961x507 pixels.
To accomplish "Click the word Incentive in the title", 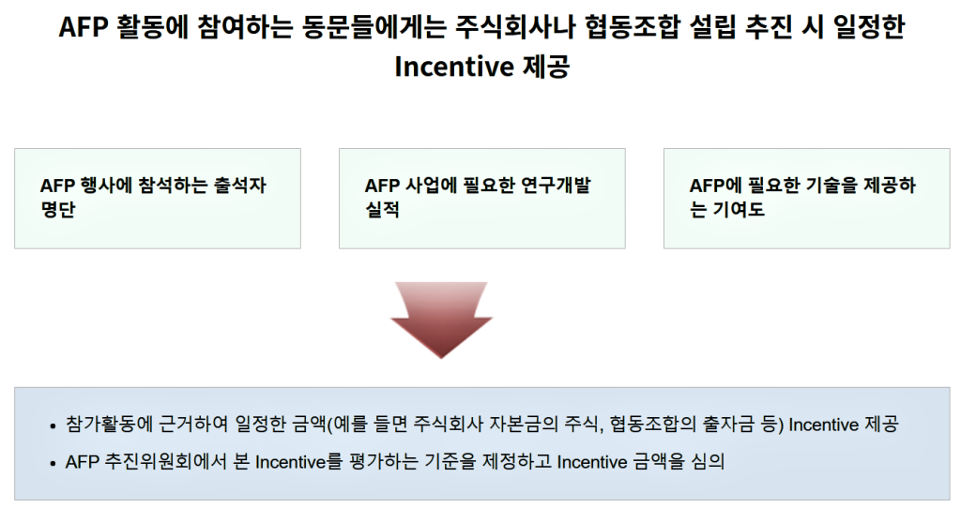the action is (453, 67).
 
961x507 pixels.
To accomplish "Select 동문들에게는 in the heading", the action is (374, 27).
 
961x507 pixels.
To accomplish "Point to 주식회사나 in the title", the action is (515, 27).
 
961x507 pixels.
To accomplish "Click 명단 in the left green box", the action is (58, 209).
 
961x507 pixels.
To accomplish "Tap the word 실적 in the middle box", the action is (383, 209).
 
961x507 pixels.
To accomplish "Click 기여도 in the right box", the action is (739, 209).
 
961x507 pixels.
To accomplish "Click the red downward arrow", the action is (441, 319).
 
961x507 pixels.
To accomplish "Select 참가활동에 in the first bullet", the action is (109, 424).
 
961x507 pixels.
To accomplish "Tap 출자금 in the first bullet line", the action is (727, 424).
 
